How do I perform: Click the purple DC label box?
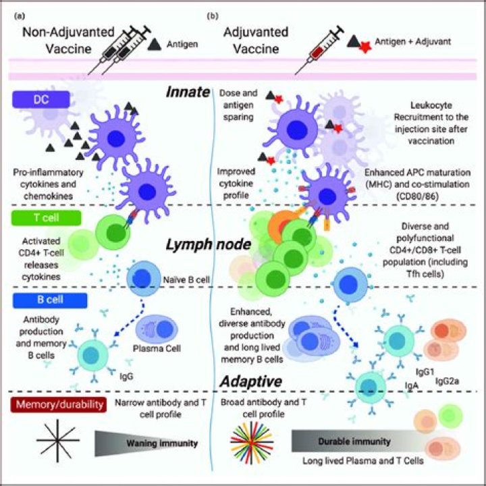click(x=41, y=99)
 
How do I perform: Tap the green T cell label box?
click(x=46, y=217)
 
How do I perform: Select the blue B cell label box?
click(x=50, y=300)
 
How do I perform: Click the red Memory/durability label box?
click(x=59, y=404)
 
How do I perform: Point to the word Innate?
click(x=188, y=92)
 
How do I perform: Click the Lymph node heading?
click(x=209, y=244)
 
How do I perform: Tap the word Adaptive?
click(x=250, y=381)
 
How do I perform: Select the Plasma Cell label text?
click(x=157, y=348)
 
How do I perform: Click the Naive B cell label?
click(x=186, y=279)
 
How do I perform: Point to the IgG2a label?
click(x=447, y=381)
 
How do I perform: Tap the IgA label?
click(x=412, y=385)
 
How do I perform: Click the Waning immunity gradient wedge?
click(x=146, y=443)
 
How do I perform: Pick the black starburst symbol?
click(x=58, y=440)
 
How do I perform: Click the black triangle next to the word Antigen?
click(x=155, y=45)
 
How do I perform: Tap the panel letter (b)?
click(x=213, y=16)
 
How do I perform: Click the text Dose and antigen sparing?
click(x=238, y=105)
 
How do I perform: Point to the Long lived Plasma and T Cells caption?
click(x=363, y=461)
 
